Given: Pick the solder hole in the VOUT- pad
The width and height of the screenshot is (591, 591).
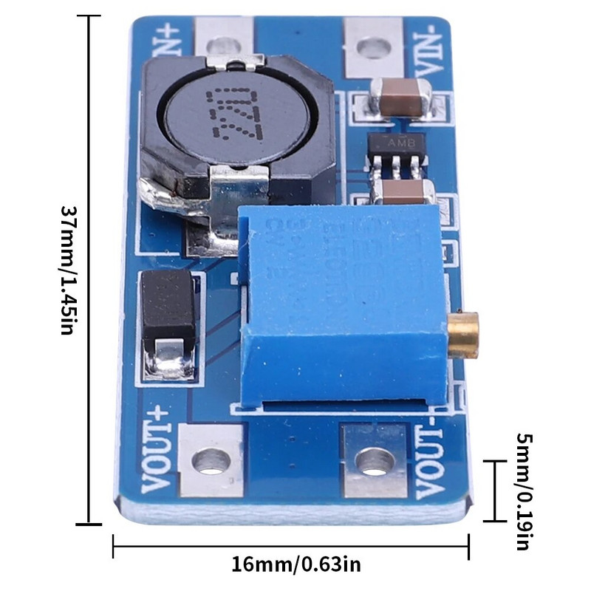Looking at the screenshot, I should click(x=374, y=462).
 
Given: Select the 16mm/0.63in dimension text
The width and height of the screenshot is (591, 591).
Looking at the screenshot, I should click(x=296, y=566).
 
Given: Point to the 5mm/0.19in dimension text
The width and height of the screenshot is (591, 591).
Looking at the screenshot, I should click(x=522, y=491).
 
